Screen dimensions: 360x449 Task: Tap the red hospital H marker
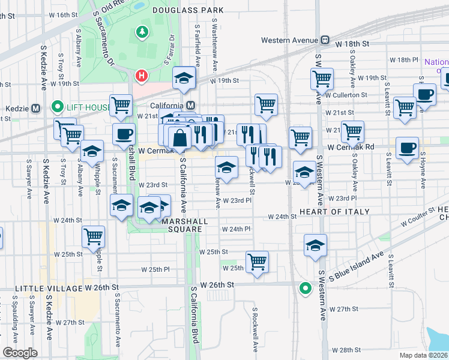pyautogui.click(x=142, y=76)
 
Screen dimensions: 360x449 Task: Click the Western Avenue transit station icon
pyautogui.click(x=325, y=40)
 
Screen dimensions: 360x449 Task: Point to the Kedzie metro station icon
pyautogui.click(x=35, y=108)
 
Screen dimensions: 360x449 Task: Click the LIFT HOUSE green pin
pyautogui.click(x=58, y=108)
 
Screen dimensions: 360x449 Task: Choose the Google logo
pyautogui.click(x=20, y=353)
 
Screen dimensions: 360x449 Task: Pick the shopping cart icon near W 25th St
pyautogui.click(x=257, y=262)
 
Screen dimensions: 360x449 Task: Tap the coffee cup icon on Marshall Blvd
pyautogui.click(x=124, y=134)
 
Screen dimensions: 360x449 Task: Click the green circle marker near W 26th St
pyautogui.click(x=305, y=288)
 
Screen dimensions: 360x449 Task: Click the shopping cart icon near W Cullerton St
pyautogui.click(x=322, y=79)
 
